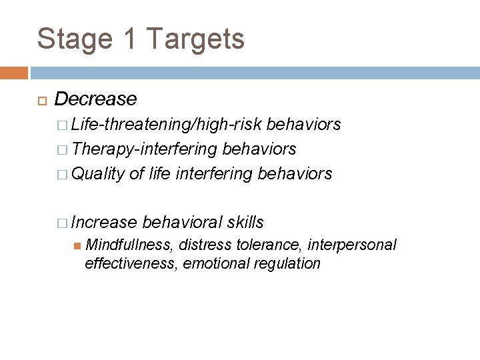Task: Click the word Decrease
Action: point(95,99)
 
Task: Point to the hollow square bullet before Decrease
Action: point(41,100)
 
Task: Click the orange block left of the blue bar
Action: point(14,71)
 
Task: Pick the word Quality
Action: point(98,174)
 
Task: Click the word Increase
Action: point(104,221)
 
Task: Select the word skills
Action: point(245,221)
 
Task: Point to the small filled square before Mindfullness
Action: point(77,246)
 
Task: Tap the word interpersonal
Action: point(352,245)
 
